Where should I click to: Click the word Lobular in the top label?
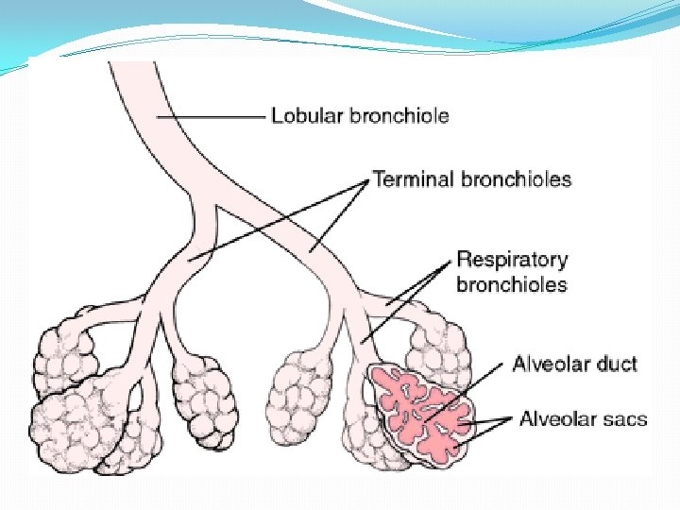coord(308,116)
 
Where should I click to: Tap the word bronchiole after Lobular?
coord(399,116)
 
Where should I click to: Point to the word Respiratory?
coord(512,260)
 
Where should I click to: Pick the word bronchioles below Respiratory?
coord(511,283)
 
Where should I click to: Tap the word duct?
coord(618,364)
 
